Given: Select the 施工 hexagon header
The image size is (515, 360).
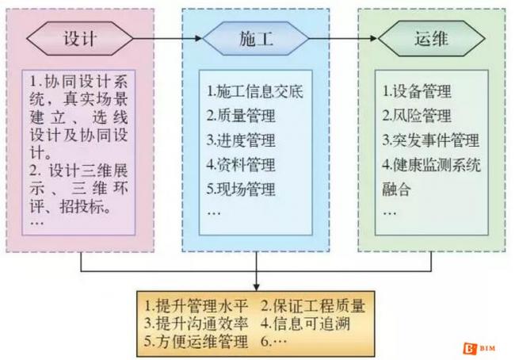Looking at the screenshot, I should point(256,38).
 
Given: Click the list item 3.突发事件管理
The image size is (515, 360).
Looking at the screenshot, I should point(430,141).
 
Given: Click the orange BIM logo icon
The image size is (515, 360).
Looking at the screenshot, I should point(467,347).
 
